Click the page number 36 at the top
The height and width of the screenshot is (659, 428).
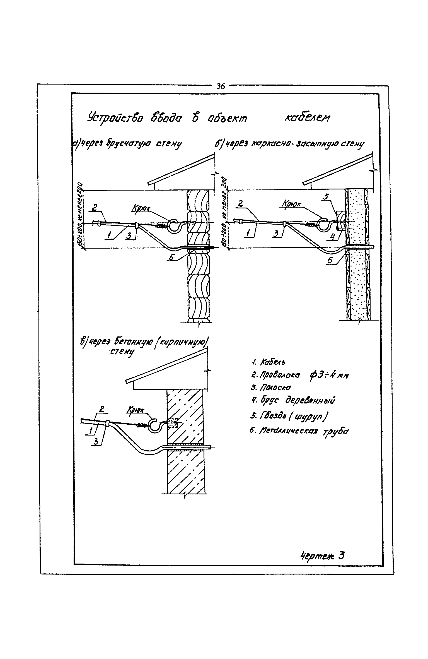[x=221, y=86]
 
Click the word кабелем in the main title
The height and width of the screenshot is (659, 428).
[x=307, y=119]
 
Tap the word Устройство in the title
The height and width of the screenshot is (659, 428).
[x=115, y=119]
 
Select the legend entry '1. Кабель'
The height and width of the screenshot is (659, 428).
[x=268, y=362]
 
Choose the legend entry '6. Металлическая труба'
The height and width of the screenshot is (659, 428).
[x=299, y=431]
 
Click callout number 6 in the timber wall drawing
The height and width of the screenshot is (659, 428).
[x=172, y=258]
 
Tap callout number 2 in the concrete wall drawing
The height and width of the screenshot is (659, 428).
[x=102, y=410]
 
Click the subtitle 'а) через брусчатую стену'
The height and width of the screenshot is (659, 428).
[x=127, y=144]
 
